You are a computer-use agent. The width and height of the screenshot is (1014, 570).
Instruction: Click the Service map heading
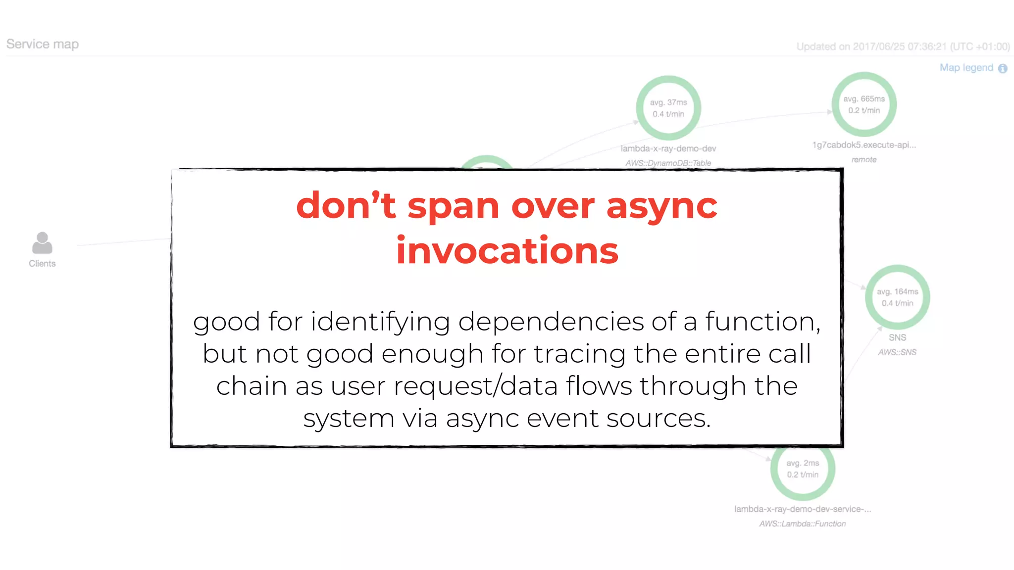(43, 45)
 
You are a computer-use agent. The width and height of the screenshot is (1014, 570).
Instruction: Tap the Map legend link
(966, 68)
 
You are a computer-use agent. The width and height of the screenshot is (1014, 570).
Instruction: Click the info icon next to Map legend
(1003, 69)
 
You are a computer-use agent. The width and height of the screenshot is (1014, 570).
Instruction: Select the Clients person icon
(42, 243)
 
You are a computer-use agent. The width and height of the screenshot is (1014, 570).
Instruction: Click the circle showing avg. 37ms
(668, 108)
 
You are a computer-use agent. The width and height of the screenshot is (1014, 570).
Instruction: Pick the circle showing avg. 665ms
(864, 104)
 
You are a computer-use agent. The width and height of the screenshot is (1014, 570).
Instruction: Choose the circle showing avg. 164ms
(897, 297)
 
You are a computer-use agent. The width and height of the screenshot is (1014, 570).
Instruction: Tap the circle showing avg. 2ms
(803, 469)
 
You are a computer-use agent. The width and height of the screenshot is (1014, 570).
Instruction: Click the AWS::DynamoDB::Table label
(668, 163)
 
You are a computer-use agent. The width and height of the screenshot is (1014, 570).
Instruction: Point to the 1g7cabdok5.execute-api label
(864, 145)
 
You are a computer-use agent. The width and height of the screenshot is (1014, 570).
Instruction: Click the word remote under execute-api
(864, 159)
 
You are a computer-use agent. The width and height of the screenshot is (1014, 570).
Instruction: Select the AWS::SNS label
(897, 352)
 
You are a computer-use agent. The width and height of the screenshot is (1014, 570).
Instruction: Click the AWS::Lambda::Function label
(803, 523)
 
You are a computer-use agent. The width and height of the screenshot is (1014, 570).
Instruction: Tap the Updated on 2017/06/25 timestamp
(903, 47)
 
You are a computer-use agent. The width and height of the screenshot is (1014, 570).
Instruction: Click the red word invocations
(507, 250)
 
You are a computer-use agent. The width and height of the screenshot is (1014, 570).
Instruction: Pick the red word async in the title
(662, 206)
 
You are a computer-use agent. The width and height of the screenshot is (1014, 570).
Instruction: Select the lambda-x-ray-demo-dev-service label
(803, 509)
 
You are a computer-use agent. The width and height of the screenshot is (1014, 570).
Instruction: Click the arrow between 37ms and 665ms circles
(830, 112)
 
